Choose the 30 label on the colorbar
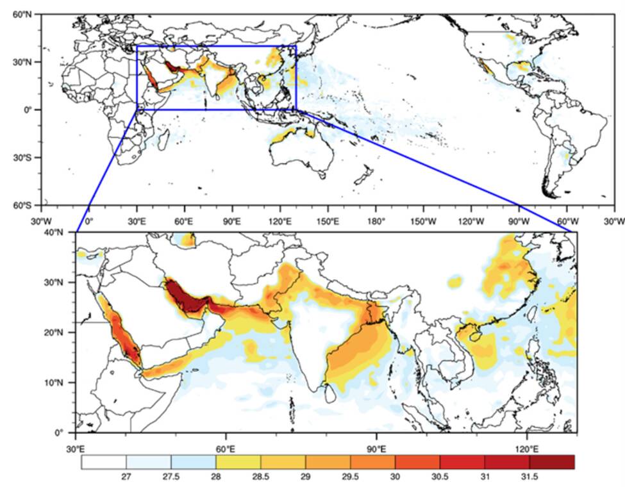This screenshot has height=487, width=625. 395,478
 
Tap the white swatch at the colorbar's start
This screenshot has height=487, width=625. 104,462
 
